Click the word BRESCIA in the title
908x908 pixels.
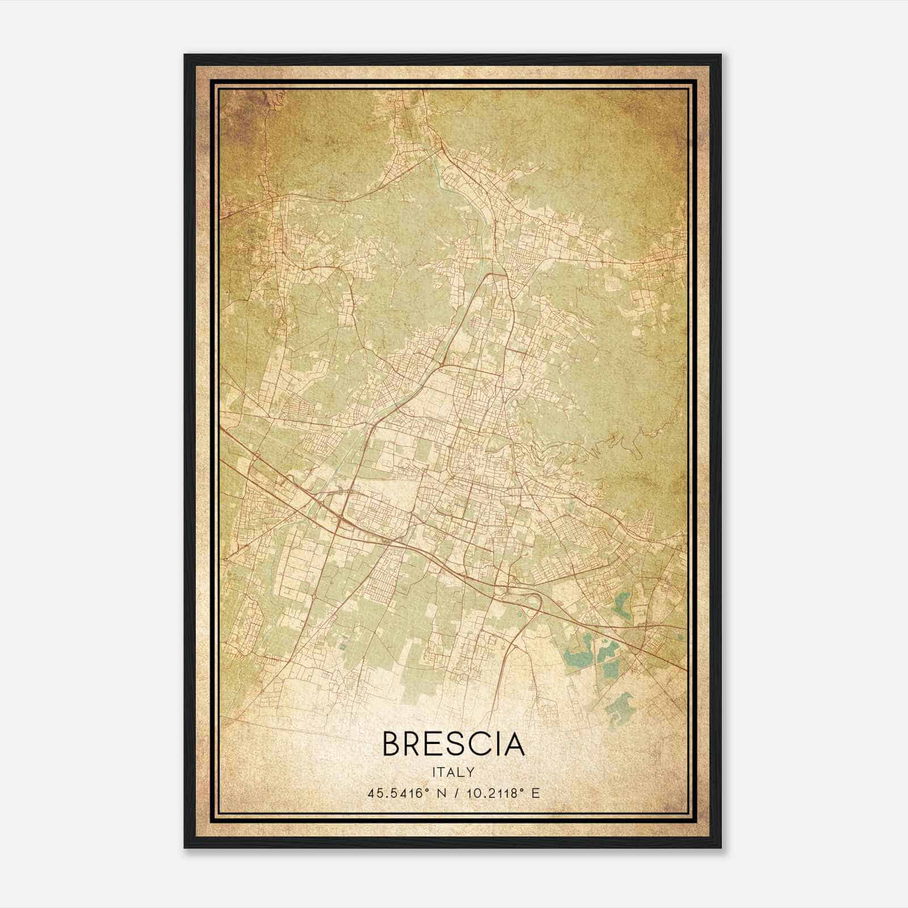tap(453, 743)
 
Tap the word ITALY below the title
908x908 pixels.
tap(453, 772)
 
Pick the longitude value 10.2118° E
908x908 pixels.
tap(491, 793)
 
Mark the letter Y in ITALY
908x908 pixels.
tap(471, 772)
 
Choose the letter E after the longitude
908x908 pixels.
tap(535, 793)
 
